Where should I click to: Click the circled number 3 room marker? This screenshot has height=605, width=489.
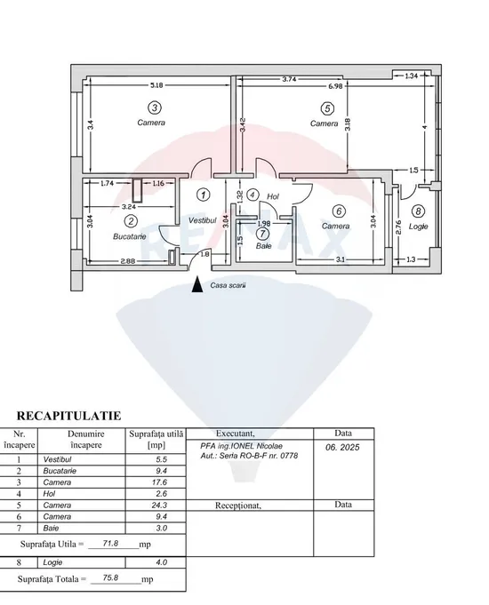click(155, 107)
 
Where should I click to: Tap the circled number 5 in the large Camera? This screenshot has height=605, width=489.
click(327, 108)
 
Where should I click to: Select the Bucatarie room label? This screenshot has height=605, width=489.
click(130, 236)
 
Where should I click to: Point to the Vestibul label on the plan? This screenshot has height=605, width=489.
click(203, 220)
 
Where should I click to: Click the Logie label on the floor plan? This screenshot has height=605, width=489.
click(418, 227)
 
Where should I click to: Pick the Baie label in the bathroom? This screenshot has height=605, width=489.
click(263, 246)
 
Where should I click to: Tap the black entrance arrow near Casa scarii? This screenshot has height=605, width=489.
click(197, 284)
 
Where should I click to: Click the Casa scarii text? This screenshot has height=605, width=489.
click(228, 285)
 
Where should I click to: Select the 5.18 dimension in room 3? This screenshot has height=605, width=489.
click(156, 85)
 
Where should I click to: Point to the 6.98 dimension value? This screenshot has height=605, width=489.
click(335, 86)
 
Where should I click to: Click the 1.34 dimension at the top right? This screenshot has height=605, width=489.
click(412, 76)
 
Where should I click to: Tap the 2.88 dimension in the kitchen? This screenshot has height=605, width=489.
click(128, 261)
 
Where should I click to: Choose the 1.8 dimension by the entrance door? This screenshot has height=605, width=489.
click(205, 254)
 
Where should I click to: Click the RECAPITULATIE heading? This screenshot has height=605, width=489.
click(68, 416)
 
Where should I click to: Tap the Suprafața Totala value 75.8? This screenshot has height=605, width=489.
click(110, 577)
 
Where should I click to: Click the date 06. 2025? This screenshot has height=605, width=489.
click(342, 447)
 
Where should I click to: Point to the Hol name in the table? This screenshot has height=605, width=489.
click(49, 493)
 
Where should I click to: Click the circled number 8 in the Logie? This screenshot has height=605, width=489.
click(418, 211)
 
